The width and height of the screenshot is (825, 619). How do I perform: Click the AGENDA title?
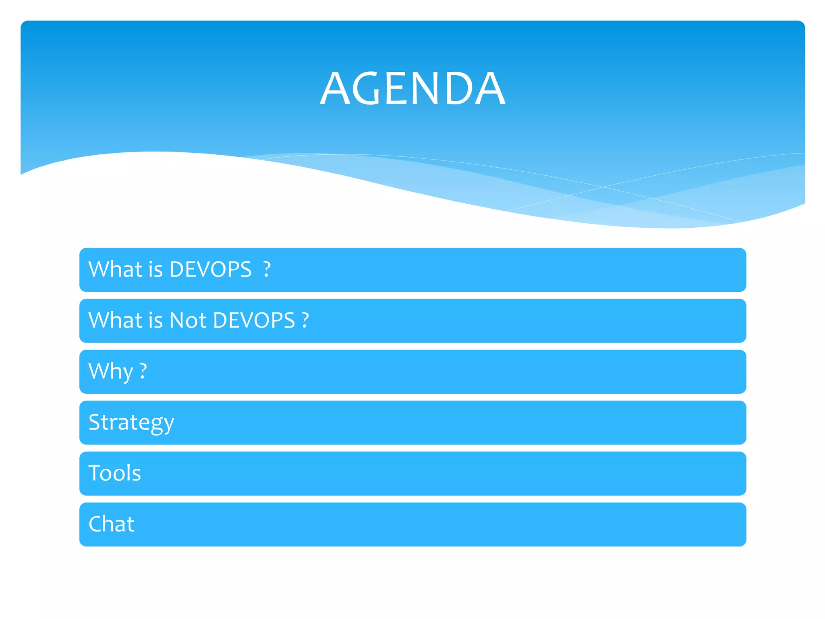click(412, 88)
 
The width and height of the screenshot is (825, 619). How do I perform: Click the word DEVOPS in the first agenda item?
click(210, 270)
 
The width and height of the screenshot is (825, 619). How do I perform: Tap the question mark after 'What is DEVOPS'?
click(267, 270)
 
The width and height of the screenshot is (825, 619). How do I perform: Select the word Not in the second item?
click(188, 320)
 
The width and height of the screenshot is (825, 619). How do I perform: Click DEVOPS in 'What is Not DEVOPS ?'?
click(254, 320)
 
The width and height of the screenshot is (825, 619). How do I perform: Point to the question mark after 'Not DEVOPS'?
click(305, 320)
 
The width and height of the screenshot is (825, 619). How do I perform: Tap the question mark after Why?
click(143, 372)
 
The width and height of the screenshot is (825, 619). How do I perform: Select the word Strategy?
click(131, 423)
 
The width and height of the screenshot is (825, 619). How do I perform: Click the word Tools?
click(115, 473)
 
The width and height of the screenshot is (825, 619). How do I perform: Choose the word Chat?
click(112, 524)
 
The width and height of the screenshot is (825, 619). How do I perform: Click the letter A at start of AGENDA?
click(336, 89)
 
